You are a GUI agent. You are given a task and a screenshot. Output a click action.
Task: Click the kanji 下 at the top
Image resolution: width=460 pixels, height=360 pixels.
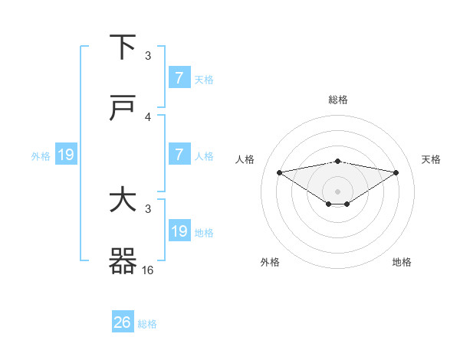(x=123, y=47)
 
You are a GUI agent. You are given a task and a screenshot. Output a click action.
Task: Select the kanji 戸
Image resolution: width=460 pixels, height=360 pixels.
(x=123, y=109)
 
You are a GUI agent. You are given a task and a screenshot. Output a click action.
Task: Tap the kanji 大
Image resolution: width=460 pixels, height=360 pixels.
(x=123, y=201)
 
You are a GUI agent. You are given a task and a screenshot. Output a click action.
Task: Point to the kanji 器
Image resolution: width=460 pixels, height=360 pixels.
(x=123, y=262)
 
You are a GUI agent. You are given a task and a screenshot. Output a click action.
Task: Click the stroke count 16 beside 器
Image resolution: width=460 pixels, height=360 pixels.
(x=148, y=270)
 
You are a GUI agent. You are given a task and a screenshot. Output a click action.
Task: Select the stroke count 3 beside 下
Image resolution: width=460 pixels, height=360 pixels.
(x=148, y=55)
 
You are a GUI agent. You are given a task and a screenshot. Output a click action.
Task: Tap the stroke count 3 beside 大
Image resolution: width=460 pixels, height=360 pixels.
(x=148, y=208)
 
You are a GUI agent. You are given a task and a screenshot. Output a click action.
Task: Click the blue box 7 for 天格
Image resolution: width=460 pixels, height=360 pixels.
(x=179, y=77)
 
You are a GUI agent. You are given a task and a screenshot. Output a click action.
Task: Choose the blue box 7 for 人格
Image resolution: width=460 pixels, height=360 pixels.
(x=179, y=155)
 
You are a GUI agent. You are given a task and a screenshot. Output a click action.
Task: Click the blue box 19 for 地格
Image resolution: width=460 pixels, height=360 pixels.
(x=179, y=231)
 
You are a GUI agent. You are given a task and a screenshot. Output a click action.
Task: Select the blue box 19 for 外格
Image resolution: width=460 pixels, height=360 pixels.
(x=65, y=155)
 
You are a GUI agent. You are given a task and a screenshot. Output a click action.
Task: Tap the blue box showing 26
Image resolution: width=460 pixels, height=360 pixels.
(x=122, y=322)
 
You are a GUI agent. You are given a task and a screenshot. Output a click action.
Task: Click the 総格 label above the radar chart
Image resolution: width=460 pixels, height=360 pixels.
(x=338, y=100)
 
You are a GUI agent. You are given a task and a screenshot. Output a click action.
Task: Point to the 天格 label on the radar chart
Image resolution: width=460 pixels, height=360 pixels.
(x=431, y=159)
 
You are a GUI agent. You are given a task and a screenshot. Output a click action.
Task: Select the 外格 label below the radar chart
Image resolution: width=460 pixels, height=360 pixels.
(x=270, y=262)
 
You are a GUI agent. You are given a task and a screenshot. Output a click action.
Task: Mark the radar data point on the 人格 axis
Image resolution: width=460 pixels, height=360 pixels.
(x=279, y=172)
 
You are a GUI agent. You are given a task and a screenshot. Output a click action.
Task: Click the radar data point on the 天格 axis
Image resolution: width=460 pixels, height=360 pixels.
(x=396, y=172)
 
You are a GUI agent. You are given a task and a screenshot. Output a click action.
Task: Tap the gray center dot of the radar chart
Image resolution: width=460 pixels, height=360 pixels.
(x=338, y=191)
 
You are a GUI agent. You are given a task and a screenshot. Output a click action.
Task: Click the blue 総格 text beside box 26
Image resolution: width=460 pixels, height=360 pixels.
(x=147, y=324)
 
